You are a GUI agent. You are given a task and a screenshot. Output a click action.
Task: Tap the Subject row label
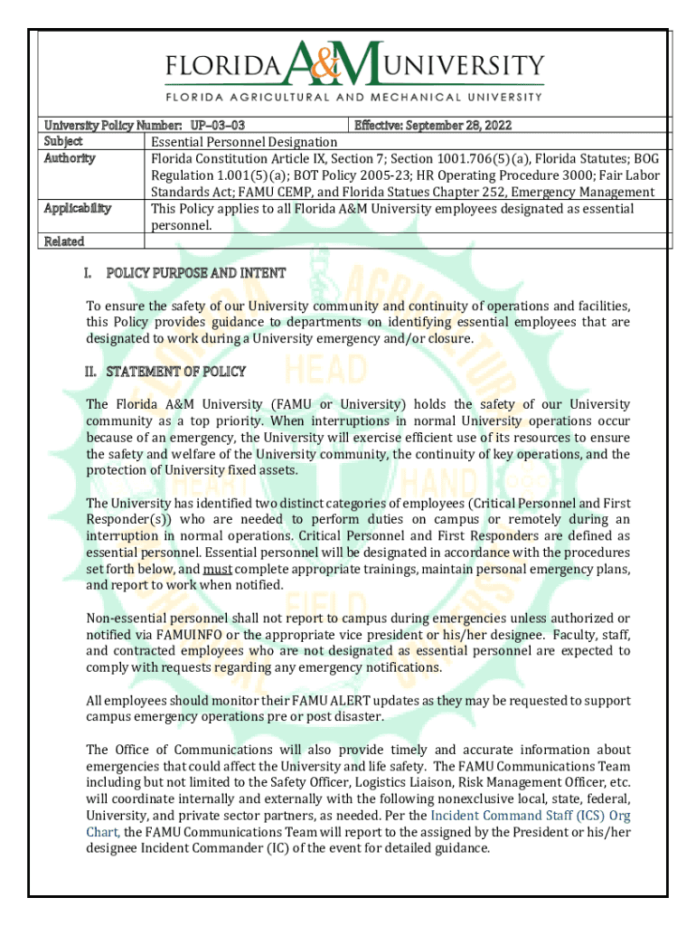[x=63, y=141]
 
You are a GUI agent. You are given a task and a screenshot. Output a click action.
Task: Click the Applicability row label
[x=77, y=208]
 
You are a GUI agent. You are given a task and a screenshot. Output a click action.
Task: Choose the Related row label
[x=64, y=241]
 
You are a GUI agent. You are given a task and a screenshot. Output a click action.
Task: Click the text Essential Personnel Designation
[x=244, y=142]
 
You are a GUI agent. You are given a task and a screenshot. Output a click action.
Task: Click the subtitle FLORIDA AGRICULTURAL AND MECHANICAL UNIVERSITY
[x=353, y=96]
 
